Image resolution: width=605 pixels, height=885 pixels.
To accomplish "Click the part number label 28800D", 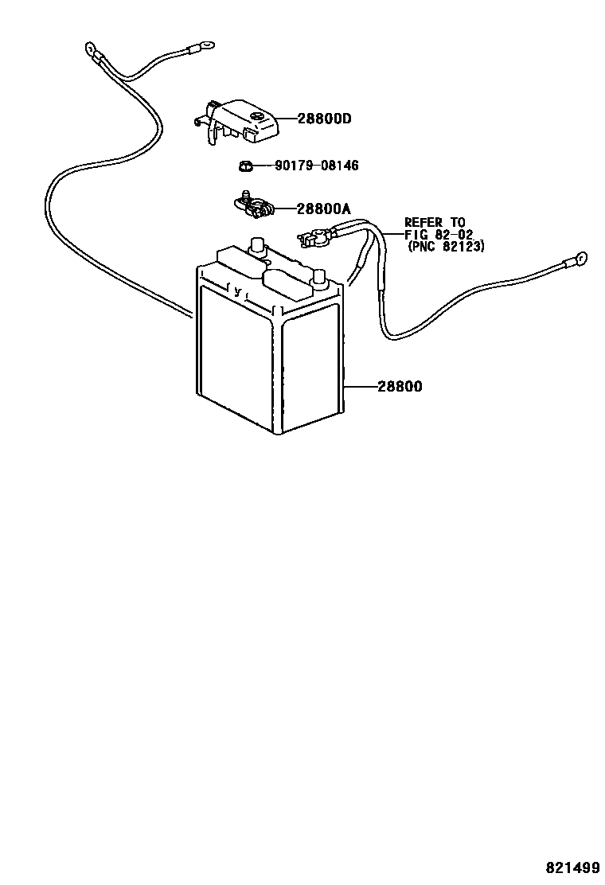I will click(x=324, y=119).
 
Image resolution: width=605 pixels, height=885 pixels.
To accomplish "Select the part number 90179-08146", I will click(x=317, y=166).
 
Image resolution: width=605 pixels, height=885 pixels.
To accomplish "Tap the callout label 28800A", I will click(x=323, y=209).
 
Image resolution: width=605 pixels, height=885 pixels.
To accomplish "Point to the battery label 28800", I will click(x=400, y=387).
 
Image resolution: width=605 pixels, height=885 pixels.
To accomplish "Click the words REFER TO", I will click(x=435, y=222).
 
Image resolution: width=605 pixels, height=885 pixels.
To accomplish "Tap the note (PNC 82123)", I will click(x=446, y=247).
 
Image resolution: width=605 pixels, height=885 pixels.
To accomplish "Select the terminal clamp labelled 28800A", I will click(x=254, y=206).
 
